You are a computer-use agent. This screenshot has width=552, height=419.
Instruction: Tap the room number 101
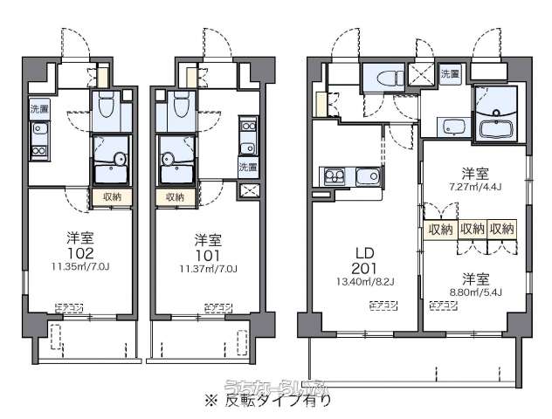pyautogui.click(x=206, y=254)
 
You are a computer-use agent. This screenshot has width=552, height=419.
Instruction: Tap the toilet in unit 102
pyautogui.click(x=106, y=106)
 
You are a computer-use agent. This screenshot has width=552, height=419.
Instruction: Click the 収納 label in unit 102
pyautogui.click(x=112, y=196)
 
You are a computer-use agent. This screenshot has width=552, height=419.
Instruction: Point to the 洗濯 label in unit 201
pyautogui.click(x=449, y=74)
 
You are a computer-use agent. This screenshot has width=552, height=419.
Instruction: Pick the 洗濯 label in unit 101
pyautogui.click(x=248, y=166)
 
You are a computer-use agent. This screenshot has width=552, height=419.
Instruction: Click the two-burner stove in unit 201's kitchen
pyautogui.click(x=335, y=177)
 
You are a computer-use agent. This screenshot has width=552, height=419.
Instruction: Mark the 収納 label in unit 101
pyautogui.click(x=173, y=196)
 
